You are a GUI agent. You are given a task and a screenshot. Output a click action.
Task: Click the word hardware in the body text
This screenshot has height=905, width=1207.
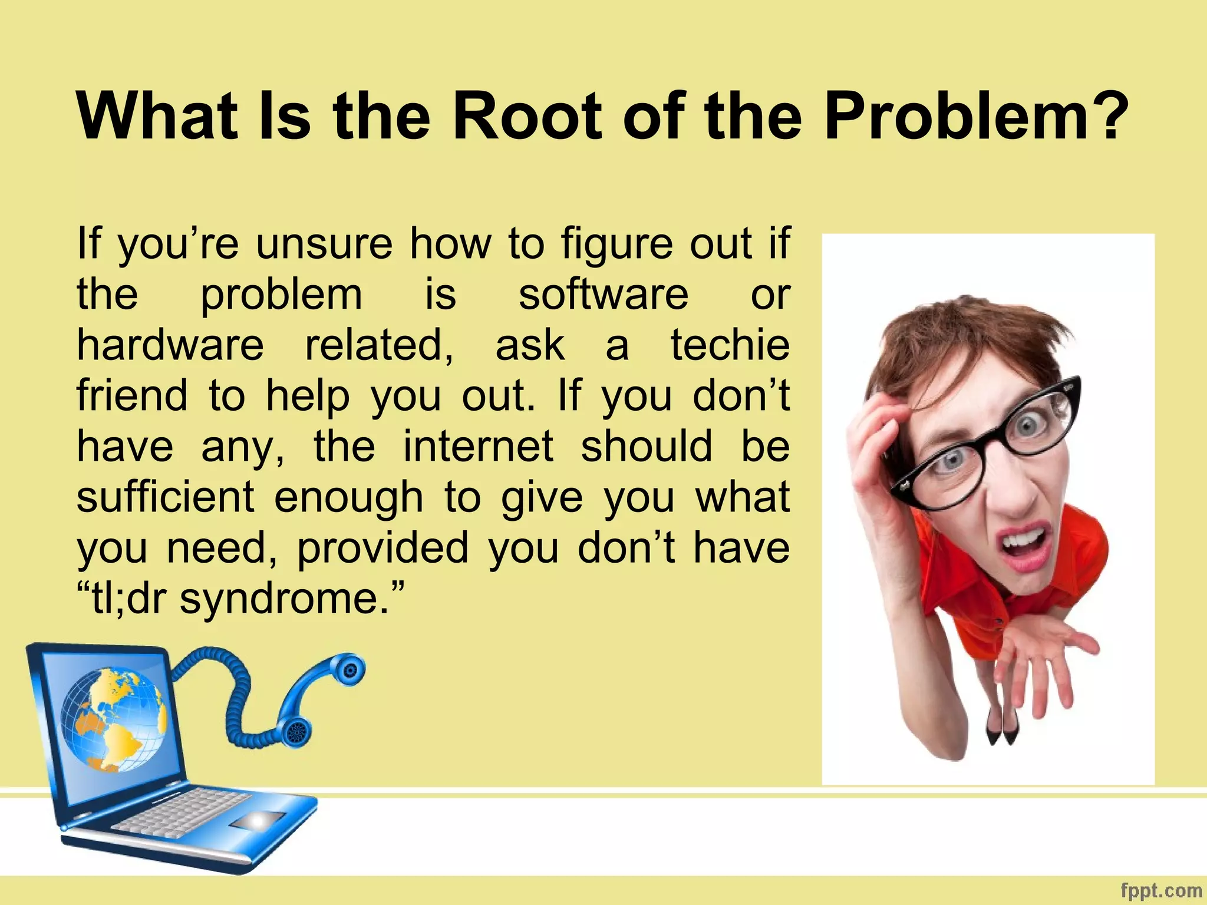coord(170,345)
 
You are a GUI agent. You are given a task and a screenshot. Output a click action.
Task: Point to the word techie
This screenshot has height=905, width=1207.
coord(730,345)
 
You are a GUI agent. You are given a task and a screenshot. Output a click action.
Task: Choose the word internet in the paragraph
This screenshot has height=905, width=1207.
coord(478,446)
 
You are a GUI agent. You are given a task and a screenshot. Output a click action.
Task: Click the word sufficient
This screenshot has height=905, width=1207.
coord(166,497)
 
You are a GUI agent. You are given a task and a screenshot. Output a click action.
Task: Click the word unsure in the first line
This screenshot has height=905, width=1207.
coord(324,243)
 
